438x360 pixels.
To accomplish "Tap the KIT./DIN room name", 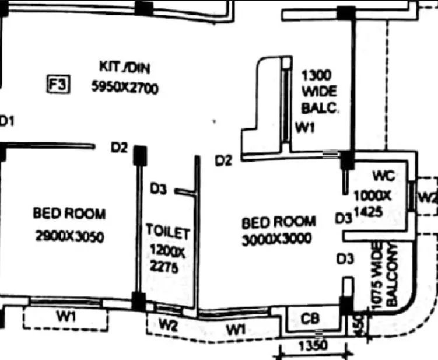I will [125, 68].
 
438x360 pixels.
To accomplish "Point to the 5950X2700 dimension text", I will [125, 88].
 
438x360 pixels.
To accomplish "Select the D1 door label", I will [7, 121].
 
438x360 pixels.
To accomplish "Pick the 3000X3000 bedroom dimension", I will [276, 239].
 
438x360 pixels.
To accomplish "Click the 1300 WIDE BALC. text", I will [318, 92].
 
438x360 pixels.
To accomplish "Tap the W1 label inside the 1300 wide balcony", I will [305, 128].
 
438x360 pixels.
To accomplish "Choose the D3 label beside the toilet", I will [159, 189].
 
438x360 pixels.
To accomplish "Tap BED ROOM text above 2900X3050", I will [69, 214].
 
